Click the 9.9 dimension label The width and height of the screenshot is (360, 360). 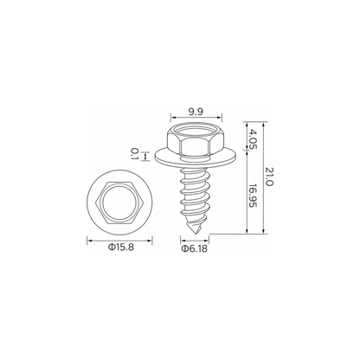point(196,112)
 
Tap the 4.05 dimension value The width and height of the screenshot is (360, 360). point(253,138)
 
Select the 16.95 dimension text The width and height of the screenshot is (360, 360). point(253,196)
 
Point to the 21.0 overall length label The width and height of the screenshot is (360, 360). point(269,177)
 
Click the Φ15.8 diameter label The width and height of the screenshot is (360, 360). point(120,247)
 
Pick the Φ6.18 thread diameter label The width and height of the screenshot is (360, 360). point(194,248)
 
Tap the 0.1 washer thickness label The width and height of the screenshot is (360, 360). point(134,154)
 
